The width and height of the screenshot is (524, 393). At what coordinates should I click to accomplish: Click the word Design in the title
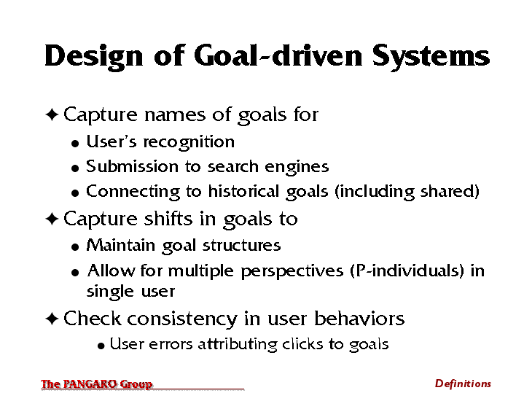(94, 57)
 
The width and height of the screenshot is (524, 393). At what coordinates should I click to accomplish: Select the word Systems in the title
(431, 57)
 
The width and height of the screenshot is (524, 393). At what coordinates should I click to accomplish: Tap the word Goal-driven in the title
(278, 55)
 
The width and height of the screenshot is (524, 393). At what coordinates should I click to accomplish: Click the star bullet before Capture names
(52, 114)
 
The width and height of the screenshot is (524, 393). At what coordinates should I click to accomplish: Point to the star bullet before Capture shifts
(52, 219)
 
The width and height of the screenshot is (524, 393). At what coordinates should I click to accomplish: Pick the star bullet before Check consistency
(52, 319)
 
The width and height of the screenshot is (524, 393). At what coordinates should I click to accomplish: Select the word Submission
(132, 166)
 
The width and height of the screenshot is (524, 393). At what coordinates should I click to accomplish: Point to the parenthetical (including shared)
(407, 192)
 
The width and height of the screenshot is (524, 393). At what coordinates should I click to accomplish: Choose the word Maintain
(121, 245)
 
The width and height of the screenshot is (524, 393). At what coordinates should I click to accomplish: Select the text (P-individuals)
(407, 271)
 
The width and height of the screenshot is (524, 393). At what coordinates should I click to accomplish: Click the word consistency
(182, 319)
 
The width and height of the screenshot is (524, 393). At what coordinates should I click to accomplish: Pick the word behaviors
(359, 318)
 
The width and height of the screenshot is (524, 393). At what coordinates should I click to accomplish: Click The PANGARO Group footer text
(97, 384)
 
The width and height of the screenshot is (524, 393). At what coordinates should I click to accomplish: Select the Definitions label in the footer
(463, 384)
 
